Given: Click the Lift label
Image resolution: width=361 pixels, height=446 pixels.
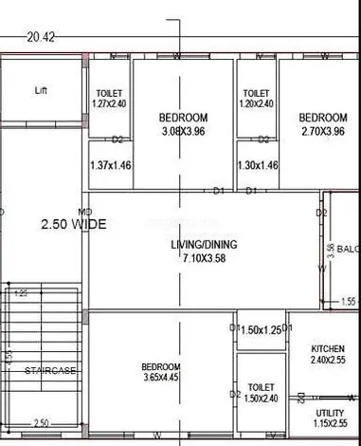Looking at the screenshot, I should (x=41, y=91).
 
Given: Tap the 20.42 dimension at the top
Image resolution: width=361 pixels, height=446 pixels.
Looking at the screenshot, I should (x=41, y=38).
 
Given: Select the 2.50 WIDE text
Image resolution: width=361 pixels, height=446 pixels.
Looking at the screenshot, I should (x=73, y=225).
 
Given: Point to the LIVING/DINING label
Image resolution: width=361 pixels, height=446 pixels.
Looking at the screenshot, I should (x=204, y=244).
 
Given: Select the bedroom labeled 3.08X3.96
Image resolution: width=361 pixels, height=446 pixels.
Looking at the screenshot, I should (x=183, y=131).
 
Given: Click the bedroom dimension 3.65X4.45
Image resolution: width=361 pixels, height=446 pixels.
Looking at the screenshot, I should (x=161, y=380).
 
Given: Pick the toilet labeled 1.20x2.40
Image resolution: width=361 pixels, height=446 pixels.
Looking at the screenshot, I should (x=257, y=103).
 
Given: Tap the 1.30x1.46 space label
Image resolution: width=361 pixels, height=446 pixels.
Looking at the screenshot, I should (x=258, y=165).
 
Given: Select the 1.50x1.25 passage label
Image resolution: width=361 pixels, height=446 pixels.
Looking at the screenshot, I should (x=262, y=329).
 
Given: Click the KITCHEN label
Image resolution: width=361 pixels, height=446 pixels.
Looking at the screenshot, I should (x=327, y=348).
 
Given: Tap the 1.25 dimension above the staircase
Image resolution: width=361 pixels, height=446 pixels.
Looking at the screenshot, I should (x=21, y=294).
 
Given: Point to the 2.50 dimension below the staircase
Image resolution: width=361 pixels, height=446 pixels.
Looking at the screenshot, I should (x=40, y=423).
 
